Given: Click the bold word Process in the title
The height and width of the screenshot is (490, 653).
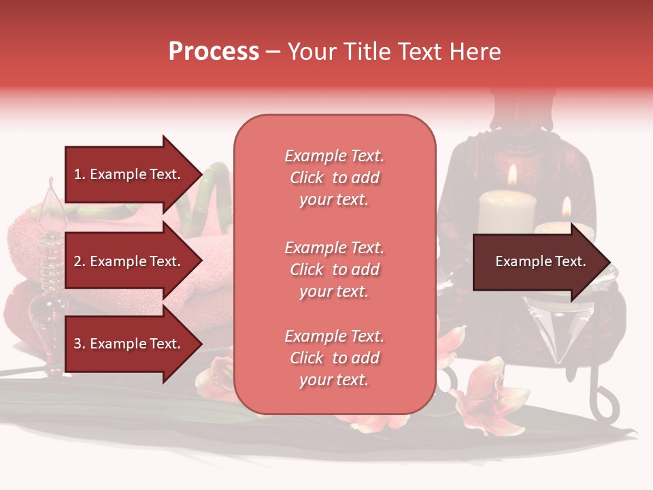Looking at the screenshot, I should (214, 51).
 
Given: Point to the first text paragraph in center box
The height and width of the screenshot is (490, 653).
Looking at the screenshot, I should (334, 178).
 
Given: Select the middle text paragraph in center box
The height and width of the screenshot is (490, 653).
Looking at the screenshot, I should (334, 269).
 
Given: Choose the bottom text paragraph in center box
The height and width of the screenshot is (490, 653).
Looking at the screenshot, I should (334, 358).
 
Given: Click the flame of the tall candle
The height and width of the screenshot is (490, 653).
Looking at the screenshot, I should (512, 175).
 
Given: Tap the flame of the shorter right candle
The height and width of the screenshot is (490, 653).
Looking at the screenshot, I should (566, 207).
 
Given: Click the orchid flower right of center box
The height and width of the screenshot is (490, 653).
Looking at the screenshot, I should (486, 398).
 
